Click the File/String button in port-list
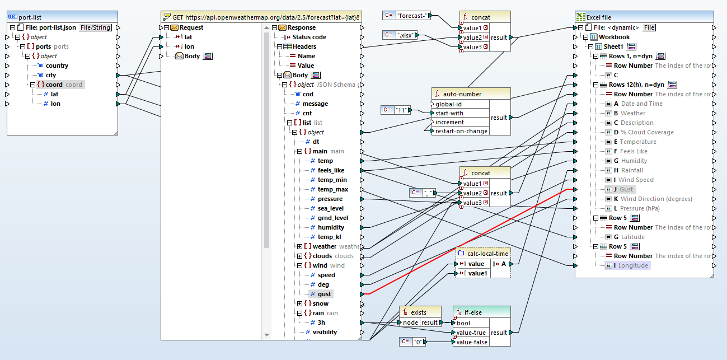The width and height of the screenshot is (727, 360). click(x=95, y=27)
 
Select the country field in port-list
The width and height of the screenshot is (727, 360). click(x=57, y=66)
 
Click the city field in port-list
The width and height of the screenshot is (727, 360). click(x=51, y=75)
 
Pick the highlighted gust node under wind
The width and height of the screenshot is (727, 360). click(x=325, y=294)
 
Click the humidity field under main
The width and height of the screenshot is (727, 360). click(x=331, y=227)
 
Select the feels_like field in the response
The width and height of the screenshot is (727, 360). click(x=331, y=170)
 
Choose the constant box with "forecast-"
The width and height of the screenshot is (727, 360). click(x=412, y=16)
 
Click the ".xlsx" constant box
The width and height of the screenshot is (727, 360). click(x=405, y=35)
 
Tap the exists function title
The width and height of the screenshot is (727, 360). click(x=418, y=312)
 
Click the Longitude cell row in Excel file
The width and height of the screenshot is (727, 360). click(x=633, y=265)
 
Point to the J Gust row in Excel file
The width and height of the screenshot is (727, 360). click(x=626, y=189)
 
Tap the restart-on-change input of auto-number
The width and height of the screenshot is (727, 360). click(x=461, y=131)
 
